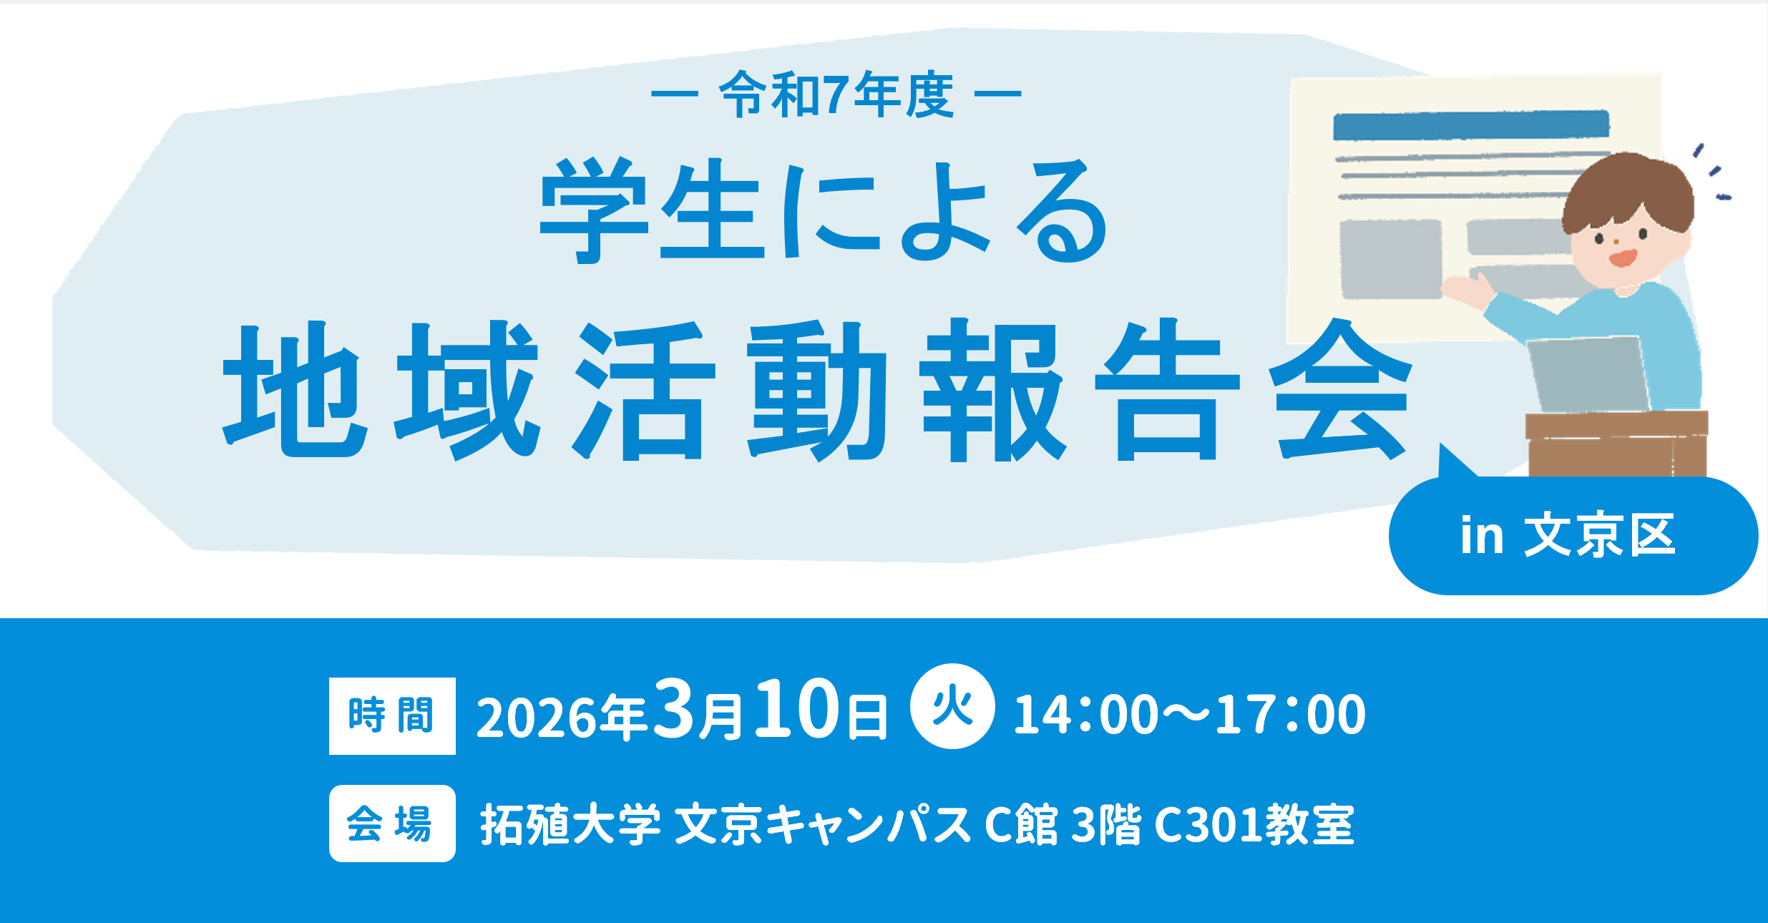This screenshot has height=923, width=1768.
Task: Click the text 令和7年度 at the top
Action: coord(836,94)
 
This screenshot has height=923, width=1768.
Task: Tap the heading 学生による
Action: coord(824,210)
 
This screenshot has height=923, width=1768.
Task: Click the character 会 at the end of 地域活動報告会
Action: coord(1340,390)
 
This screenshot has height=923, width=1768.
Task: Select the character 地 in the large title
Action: coord(296,390)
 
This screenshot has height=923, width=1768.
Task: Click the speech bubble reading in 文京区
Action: coord(1573,534)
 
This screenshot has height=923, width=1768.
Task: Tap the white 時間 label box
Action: coord(392,716)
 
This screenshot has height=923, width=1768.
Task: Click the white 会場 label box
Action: coord(392,823)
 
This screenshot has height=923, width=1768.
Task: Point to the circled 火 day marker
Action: coord(952,707)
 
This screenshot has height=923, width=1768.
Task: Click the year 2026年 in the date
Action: coord(561,716)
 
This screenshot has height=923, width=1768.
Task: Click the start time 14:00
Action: coord(1086,714)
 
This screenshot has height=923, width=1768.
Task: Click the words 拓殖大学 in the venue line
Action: coord(570,824)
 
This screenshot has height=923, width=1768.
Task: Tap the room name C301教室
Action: coord(1254,824)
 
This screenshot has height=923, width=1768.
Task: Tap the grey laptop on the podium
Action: coord(1589,374)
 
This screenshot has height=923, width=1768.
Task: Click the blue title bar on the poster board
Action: coord(1471,125)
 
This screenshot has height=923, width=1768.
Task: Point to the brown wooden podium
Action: coord(1617,444)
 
